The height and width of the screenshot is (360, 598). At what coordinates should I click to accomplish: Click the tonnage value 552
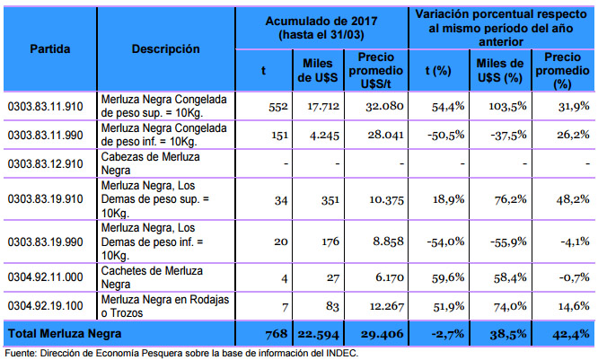pos(275,106)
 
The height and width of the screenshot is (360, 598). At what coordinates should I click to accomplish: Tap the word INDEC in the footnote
pos(340,353)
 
